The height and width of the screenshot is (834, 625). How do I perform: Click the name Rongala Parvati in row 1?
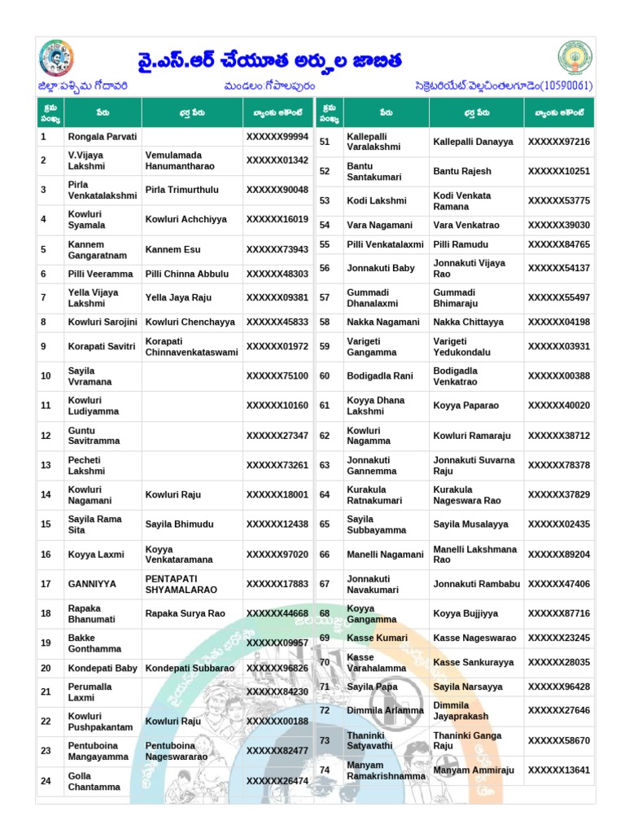pyautogui.click(x=103, y=137)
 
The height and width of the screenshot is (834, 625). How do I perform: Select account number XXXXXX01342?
pyautogui.click(x=277, y=160)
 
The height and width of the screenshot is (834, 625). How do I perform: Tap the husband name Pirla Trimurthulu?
pyautogui.click(x=181, y=190)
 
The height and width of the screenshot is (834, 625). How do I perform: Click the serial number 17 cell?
pyautogui.click(x=46, y=584)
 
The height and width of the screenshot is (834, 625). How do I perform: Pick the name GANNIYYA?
pyautogui.click(x=92, y=584)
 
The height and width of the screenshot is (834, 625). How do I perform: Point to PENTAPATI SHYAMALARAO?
pyautogui.click(x=182, y=584)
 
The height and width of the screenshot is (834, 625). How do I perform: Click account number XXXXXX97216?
pyautogui.click(x=558, y=142)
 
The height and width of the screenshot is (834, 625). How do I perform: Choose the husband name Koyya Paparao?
pyautogui.click(x=465, y=406)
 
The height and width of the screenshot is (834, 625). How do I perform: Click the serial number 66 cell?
pyautogui.click(x=325, y=555)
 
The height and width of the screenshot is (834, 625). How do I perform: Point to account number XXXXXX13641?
pyautogui.click(x=558, y=770)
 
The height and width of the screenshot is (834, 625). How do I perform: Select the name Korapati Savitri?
pyautogui.click(x=102, y=346)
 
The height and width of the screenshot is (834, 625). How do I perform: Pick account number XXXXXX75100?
pyautogui.click(x=277, y=376)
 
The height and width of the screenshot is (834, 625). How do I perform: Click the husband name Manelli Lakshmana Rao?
pyautogui.click(x=474, y=555)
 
